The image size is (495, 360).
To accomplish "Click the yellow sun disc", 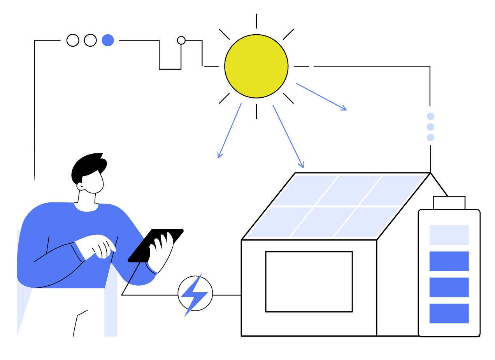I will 256,66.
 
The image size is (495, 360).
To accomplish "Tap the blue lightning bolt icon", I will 195,294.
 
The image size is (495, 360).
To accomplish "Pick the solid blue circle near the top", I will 108,40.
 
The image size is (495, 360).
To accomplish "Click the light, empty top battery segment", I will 449,235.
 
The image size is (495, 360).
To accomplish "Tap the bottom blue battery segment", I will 449,313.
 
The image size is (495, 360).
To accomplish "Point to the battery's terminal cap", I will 449,202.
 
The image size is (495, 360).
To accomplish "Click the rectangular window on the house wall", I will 309,281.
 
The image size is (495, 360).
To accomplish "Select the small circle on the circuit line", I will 181,40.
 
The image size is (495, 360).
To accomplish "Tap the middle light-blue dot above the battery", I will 430,127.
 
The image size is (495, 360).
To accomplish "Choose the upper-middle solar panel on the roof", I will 338,190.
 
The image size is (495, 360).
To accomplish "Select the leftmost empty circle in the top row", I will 73,40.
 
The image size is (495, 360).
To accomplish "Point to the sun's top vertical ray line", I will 256,21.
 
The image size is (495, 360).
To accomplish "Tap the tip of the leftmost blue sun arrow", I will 219,157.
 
